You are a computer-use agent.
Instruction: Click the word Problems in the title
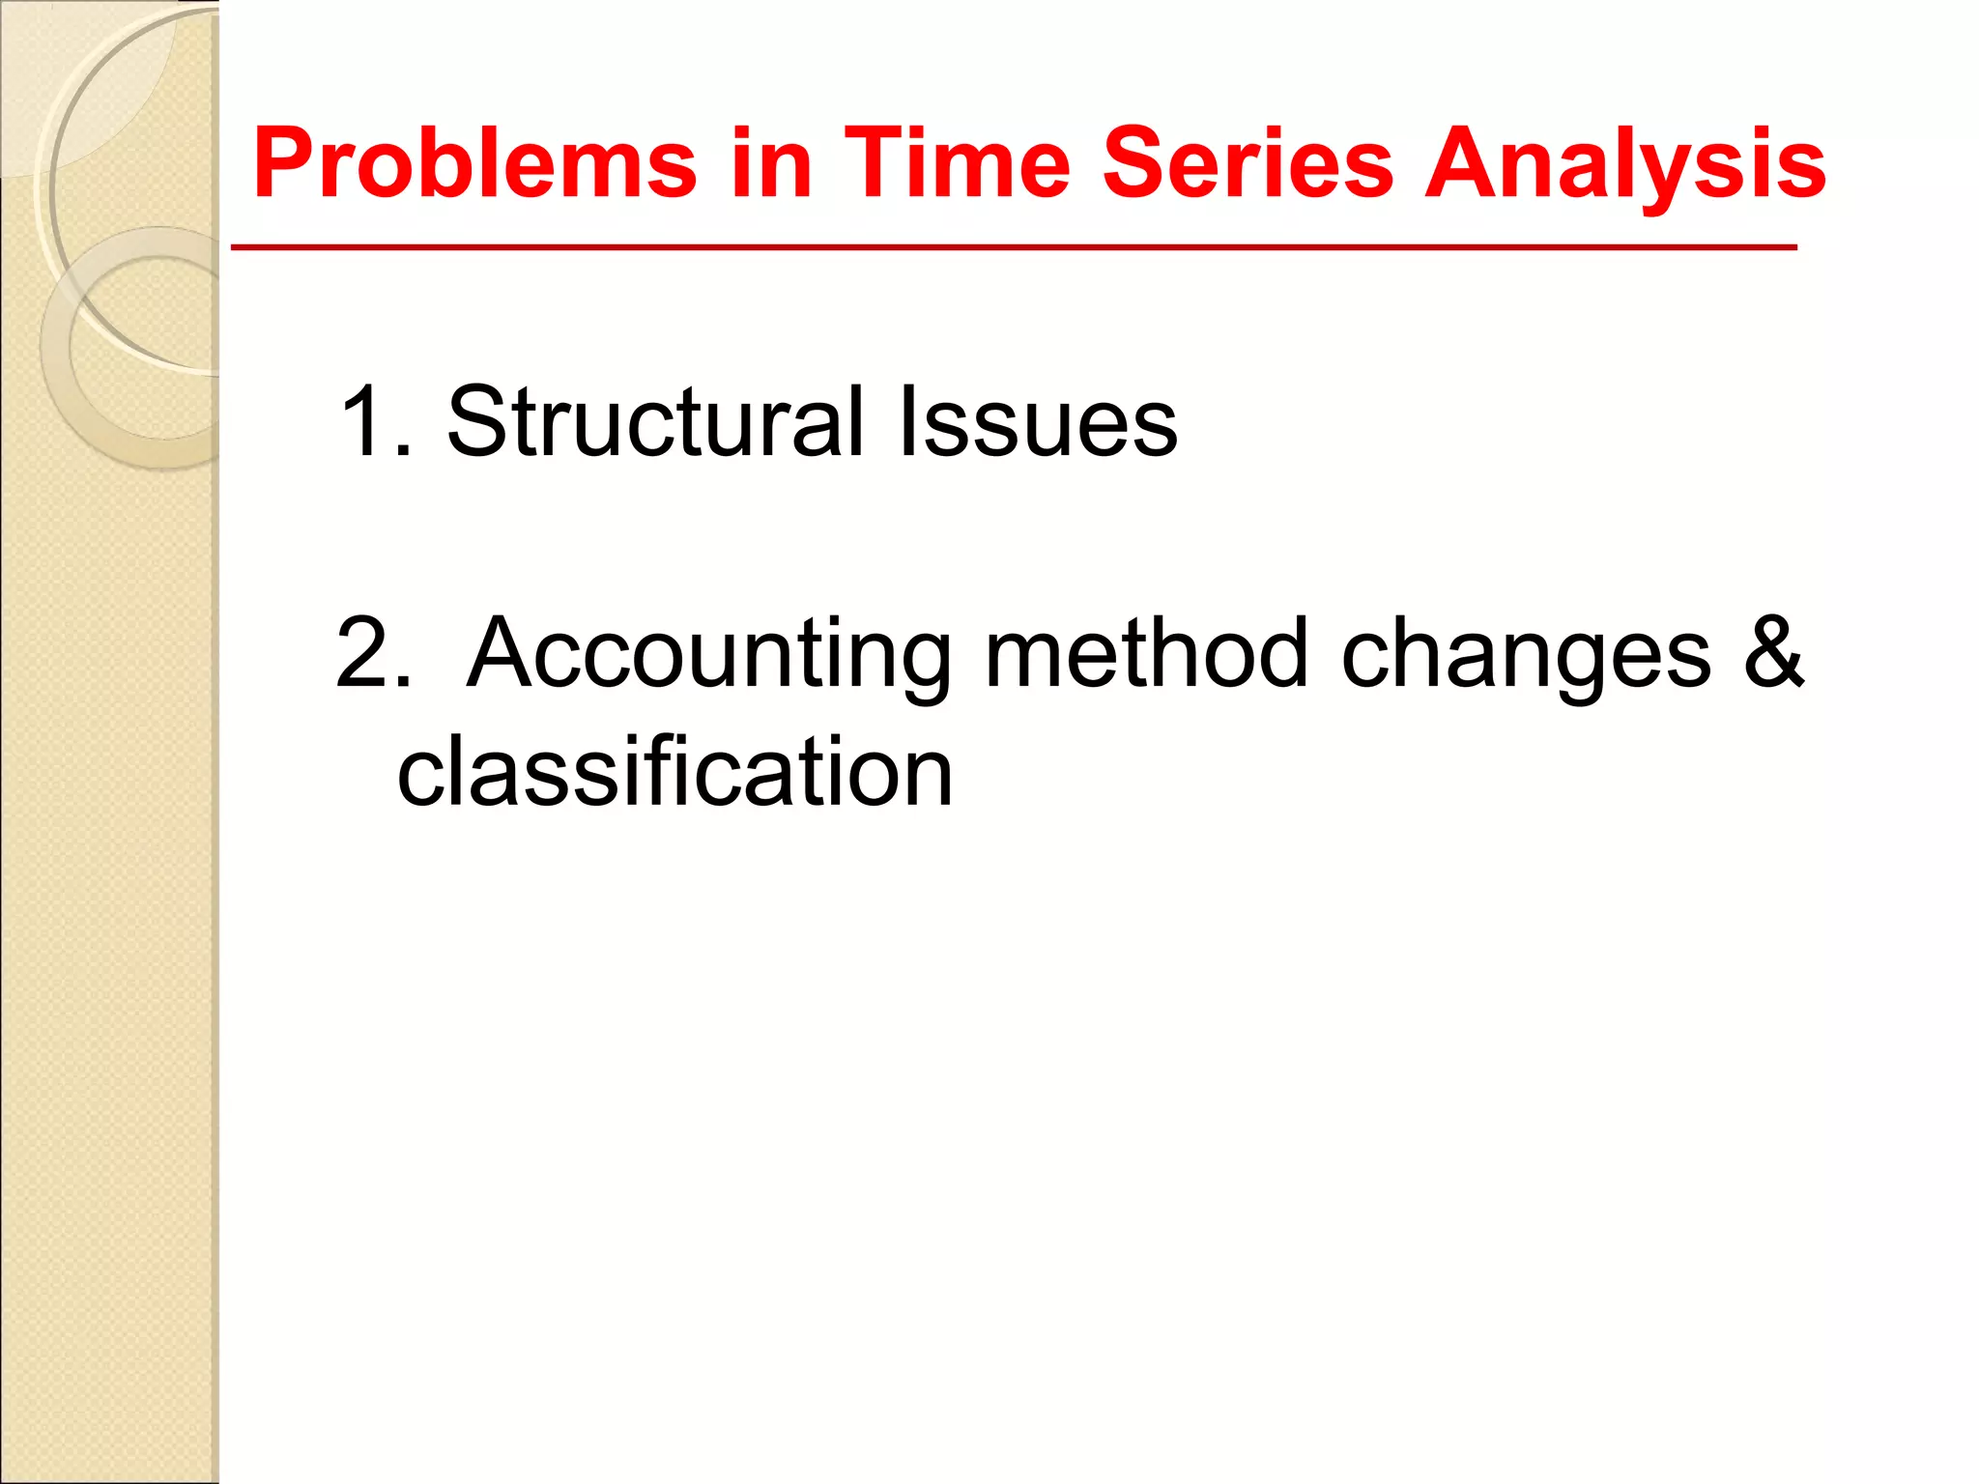[474, 164]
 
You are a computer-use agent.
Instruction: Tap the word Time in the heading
[958, 164]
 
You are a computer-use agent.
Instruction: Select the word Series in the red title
[1248, 164]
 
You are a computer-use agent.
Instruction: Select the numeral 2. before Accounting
[373, 655]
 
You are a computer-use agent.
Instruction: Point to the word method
[1146, 655]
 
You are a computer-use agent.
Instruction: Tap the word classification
[674, 772]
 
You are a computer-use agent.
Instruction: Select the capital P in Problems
[284, 164]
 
